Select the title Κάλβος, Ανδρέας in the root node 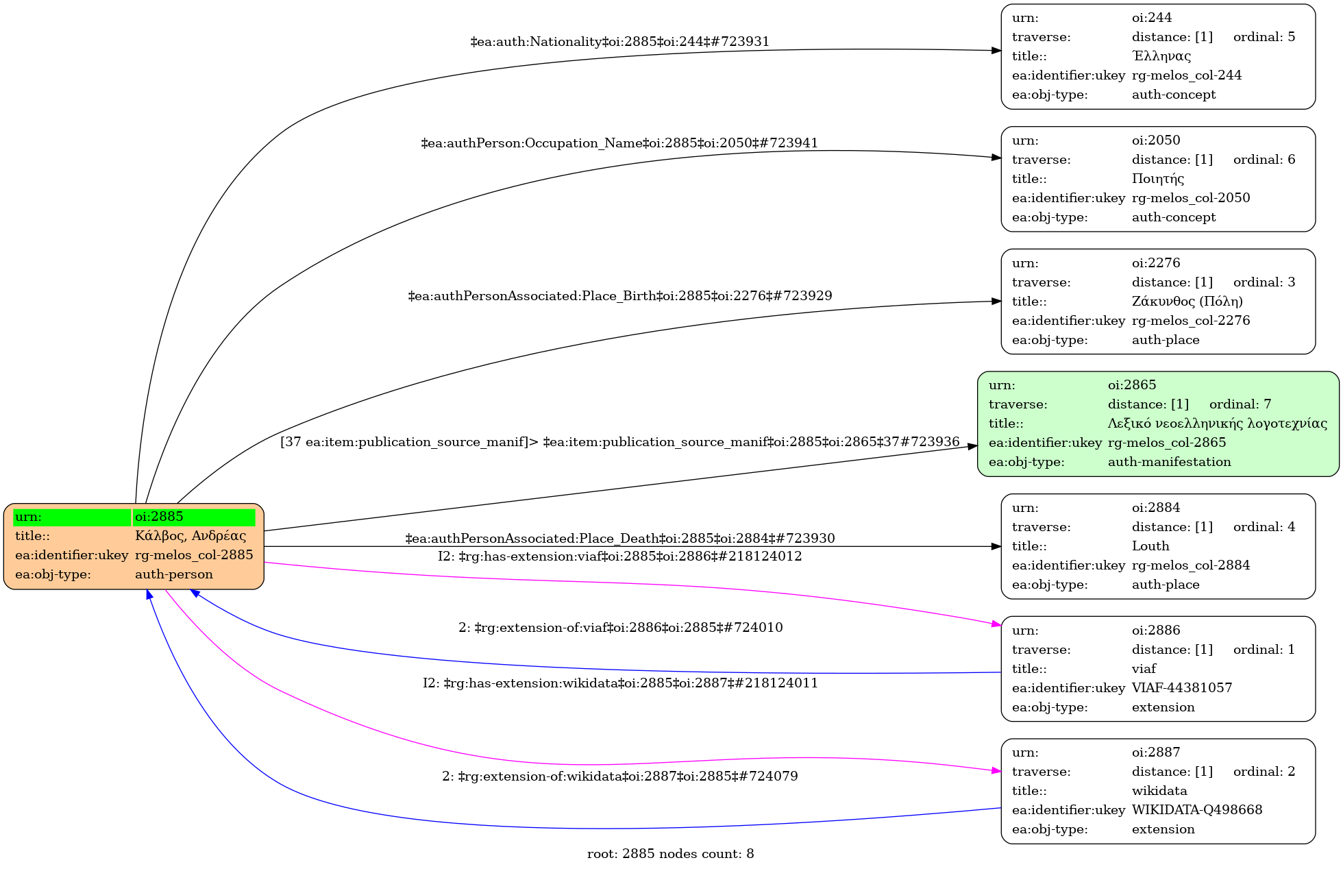190,536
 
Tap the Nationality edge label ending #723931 619,42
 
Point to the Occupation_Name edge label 619,143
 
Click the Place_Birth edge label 619,296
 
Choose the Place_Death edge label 619,539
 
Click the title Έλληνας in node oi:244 1161,56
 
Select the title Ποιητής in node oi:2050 1157,179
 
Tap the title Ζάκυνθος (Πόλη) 1187,302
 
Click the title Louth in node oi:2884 1150,546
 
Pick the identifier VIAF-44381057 1181,688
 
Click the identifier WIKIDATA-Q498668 1196,810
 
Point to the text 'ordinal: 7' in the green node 1240,404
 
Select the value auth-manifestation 1169,462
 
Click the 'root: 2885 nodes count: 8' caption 670,854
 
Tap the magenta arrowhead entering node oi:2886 996,624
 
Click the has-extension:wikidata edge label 619,683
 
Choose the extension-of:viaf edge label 619,628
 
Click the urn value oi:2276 1155,263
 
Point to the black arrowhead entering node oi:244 996,51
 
